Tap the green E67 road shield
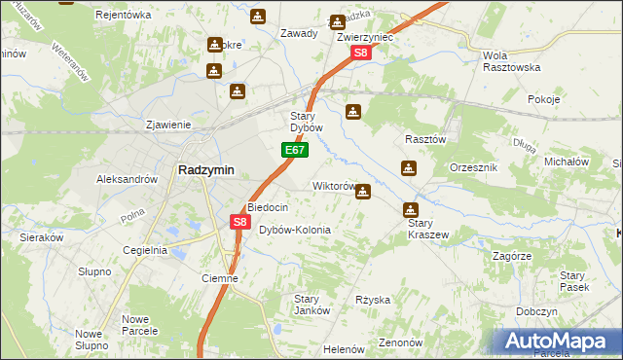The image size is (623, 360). tap(296, 151)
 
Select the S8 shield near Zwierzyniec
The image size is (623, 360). tap(360, 54)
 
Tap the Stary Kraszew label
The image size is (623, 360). tap(425, 229)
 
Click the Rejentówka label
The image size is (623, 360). tap(125, 15)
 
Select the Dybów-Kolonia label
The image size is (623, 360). tap(295, 230)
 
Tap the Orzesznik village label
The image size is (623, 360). tap(474, 167)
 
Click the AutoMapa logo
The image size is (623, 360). tap(558, 342)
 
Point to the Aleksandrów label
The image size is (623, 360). tap(127, 179)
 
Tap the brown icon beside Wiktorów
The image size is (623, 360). tap(363, 192)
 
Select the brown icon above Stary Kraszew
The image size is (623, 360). tap(411, 209)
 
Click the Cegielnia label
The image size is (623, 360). tap(144, 250)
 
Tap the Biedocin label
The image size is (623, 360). tap(267, 207)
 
